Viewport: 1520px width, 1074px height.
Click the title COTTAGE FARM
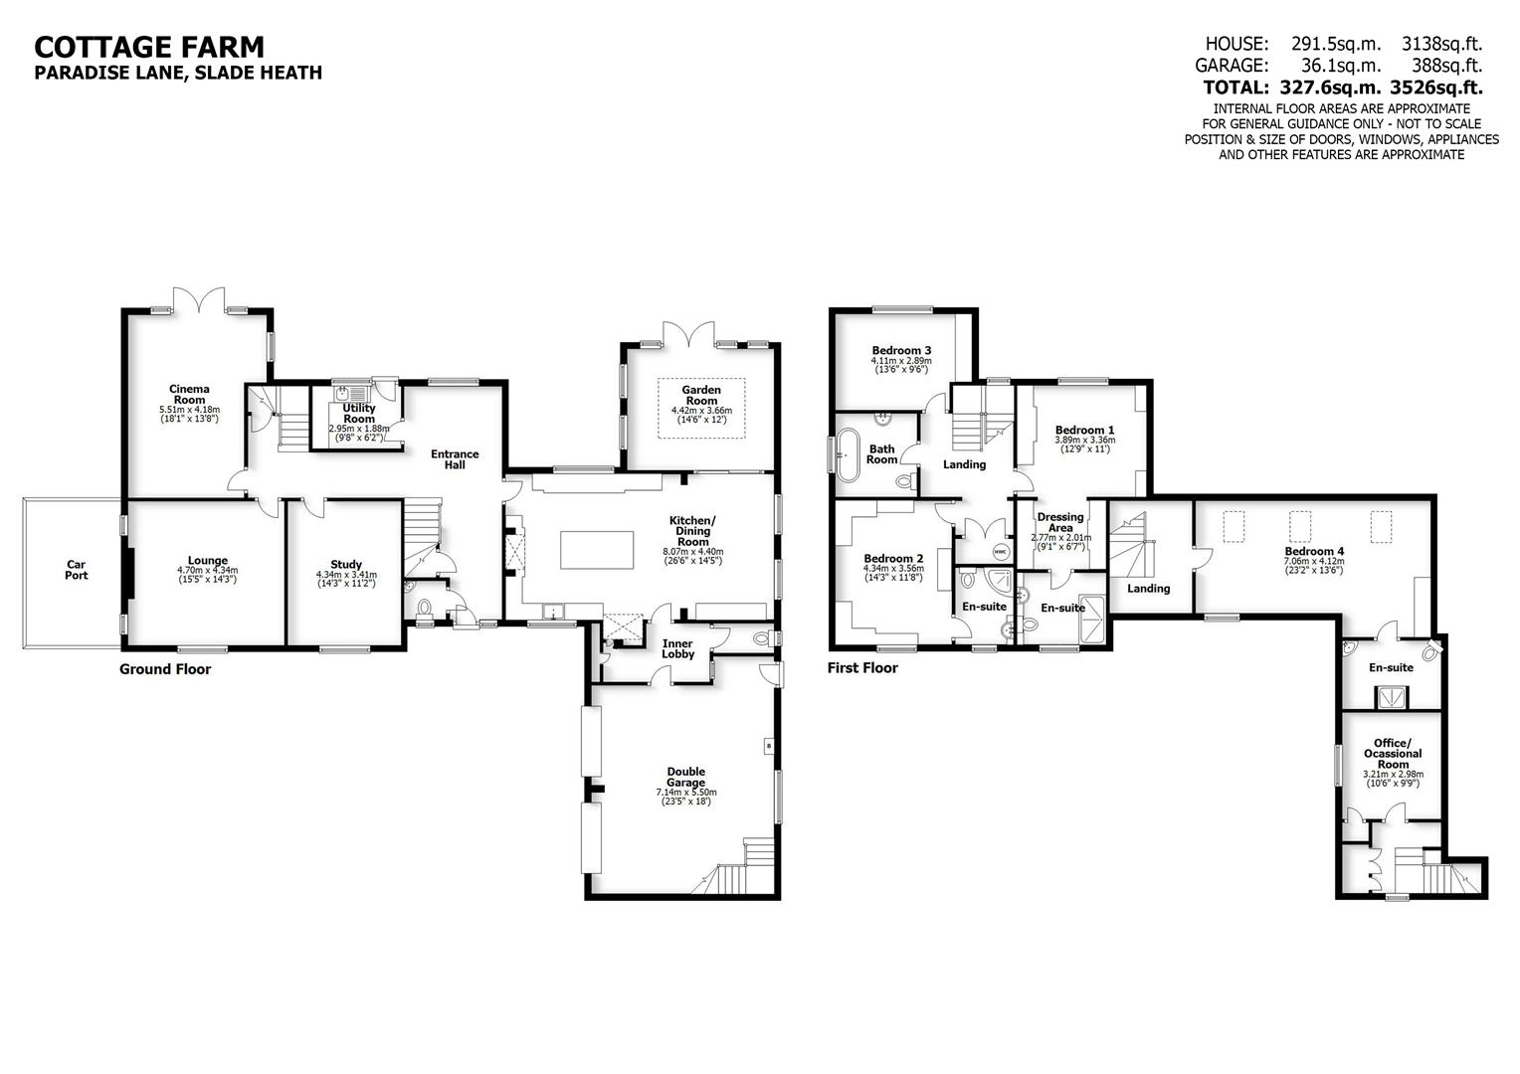click(x=149, y=47)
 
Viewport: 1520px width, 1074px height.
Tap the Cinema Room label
click(x=189, y=394)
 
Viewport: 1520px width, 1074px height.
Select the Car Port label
click(x=76, y=568)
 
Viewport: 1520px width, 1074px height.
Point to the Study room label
click(x=346, y=564)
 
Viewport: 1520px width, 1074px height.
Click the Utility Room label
click(x=359, y=413)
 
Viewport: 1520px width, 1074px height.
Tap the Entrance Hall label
click(x=455, y=459)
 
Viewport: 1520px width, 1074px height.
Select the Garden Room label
click(x=700, y=395)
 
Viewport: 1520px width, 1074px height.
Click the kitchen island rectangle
click(x=598, y=550)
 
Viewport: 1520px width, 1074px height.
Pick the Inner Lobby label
click(x=677, y=648)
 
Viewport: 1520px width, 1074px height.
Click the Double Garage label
click(x=686, y=777)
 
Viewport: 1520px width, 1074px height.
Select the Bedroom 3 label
click(x=901, y=350)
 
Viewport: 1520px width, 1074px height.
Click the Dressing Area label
click(x=1060, y=522)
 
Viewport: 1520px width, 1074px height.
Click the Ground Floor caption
click(x=165, y=669)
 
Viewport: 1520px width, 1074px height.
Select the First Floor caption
click(x=862, y=667)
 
